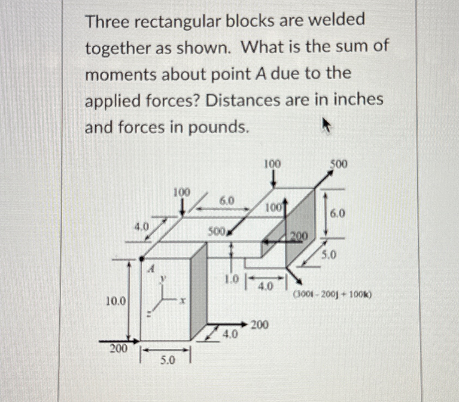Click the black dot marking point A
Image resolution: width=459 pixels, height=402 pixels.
click(x=141, y=258)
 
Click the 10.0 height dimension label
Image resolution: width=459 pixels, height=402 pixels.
click(x=116, y=301)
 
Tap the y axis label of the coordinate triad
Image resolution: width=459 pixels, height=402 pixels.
click(x=163, y=278)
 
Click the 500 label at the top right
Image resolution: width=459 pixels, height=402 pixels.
click(x=339, y=164)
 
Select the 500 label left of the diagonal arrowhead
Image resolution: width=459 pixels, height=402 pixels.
click(x=216, y=232)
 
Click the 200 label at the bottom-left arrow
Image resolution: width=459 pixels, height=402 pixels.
click(x=118, y=348)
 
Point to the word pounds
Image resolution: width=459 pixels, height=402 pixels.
click(x=218, y=127)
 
